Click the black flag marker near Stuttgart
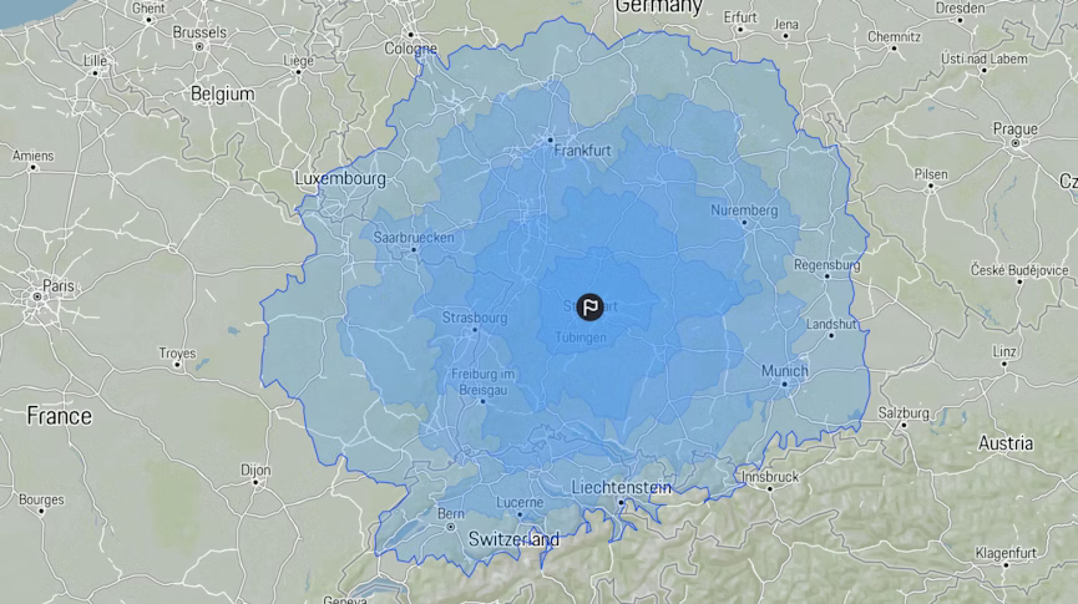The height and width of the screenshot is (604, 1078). tap(590, 307)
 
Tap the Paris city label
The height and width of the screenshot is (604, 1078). tap(58, 285)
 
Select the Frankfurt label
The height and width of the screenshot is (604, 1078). tap(582, 150)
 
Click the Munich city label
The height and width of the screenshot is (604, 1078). tap(784, 371)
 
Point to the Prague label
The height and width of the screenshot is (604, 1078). tap(1015, 129)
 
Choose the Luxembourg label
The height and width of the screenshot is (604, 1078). tap(340, 179)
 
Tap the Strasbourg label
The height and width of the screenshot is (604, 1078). tap(474, 318)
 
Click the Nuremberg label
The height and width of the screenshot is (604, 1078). tap(744, 210)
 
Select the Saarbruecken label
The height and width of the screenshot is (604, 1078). tap(414, 238)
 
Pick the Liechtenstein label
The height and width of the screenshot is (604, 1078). tap(621, 487)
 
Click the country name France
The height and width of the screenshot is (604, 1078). tap(59, 416)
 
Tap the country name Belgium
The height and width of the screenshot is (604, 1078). tap(222, 94)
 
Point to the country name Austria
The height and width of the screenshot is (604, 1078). tap(1005, 443)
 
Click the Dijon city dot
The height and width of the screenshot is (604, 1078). tap(256, 482)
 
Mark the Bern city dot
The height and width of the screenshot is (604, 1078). tap(450, 527)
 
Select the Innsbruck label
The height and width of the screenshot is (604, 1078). tap(770, 477)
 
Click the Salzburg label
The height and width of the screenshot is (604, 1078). tap(903, 413)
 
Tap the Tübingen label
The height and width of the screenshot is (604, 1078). tap(580, 337)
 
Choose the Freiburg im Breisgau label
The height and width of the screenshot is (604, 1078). tap(483, 382)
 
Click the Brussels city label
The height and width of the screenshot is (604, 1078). tap(199, 32)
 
